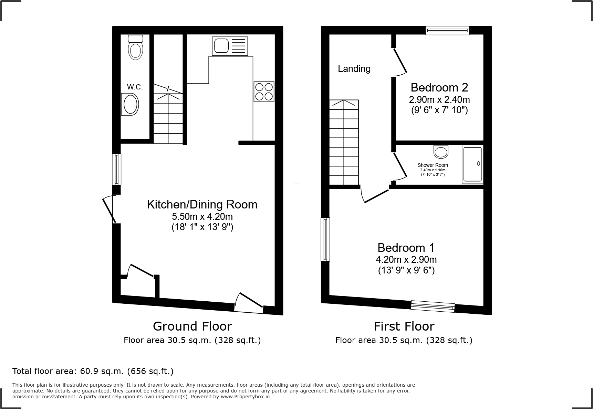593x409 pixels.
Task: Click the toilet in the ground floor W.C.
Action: point(135,47)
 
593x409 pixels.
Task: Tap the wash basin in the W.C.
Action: point(130,105)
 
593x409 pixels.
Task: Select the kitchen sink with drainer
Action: point(230,46)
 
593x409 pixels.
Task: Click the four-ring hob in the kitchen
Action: point(264,92)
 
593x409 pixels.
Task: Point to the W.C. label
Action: point(135,87)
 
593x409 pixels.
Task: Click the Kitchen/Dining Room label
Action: point(202,204)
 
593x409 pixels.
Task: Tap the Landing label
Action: point(354,69)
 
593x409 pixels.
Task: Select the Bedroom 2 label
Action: point(439,87)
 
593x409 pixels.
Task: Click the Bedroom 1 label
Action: point(406,248)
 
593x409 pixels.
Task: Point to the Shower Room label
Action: point(433,165)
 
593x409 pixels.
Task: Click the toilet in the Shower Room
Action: point(441,151)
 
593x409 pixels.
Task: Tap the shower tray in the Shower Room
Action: point(472,164)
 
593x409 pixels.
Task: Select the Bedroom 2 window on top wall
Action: point(447,31)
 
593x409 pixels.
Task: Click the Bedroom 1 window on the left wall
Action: point(325,239)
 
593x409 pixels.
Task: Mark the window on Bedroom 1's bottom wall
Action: point(433,306)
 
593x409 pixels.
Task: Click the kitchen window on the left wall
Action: point(117,169)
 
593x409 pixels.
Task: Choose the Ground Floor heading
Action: point(192,326)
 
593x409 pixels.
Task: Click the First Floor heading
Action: point(404,326)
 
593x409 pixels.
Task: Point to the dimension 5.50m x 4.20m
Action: point(202,217)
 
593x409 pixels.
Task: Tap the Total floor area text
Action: point(93,371)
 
